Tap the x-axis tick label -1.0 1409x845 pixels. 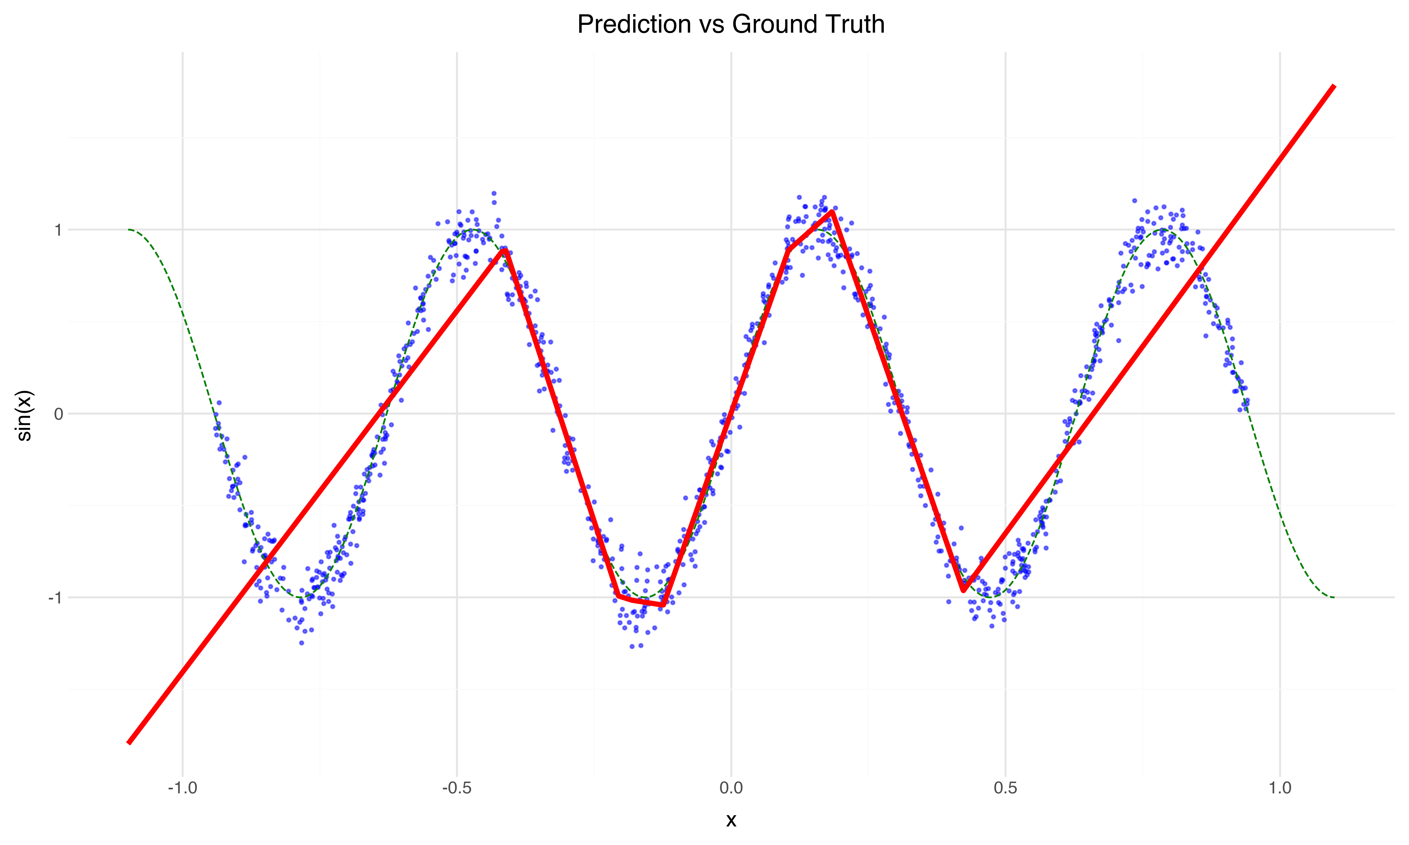click(182, 789)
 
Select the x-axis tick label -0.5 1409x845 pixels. click(457, 789)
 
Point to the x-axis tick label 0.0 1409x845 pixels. click(731, 789)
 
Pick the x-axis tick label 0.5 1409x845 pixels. click(1005, 789)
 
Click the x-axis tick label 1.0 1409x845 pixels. click(1280, 789)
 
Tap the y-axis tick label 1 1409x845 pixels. click(58, 230)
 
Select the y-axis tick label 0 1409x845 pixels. click(58, 414)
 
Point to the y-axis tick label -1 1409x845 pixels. click(55, 598)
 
